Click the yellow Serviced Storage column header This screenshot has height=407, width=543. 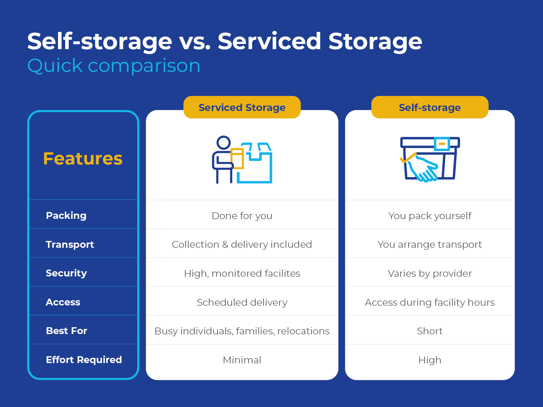point(242,107)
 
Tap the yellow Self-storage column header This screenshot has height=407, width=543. point(430,107)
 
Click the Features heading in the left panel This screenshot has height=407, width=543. point(83,159)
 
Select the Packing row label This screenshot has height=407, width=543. point(66,215)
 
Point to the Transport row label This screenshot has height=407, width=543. point(70,244)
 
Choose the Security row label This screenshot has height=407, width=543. point(66,273)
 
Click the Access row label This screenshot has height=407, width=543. point(63,302)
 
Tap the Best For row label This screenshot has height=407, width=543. point(66,330)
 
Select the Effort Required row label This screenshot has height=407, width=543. point(84,359)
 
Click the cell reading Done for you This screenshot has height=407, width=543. point(242,216)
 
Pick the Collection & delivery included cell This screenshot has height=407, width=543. point(242,244)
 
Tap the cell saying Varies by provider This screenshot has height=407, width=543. point(430,273)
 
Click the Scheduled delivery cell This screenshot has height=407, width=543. point(242,302)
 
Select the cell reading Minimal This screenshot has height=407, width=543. point(242,360)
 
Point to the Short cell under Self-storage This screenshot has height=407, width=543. point(430,331)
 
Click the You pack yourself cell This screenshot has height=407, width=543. point(430,216)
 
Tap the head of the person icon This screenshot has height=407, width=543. point(224,143)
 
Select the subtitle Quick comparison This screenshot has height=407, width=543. point(114,65)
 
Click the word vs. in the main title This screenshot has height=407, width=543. point(194,41)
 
